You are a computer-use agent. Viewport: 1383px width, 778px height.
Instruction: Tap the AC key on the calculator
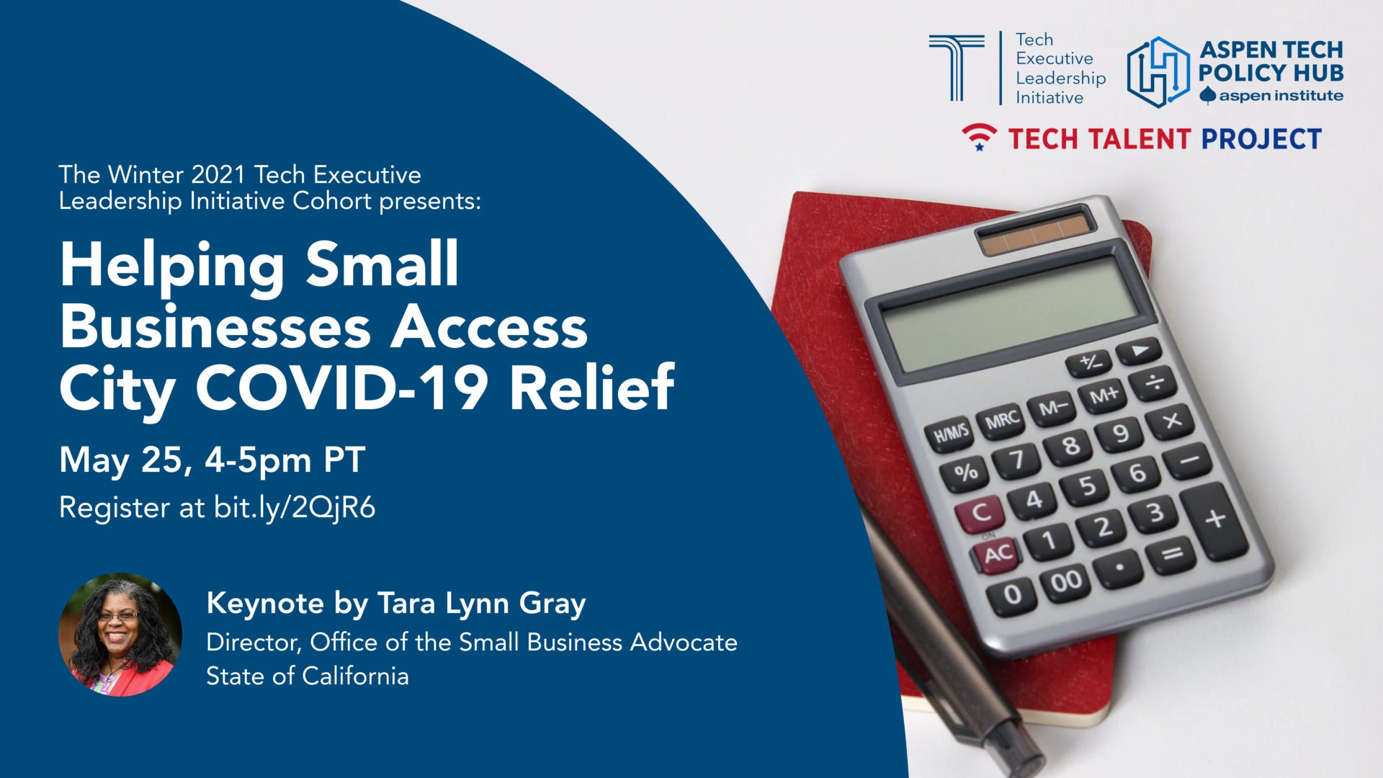click(x=998, y=554)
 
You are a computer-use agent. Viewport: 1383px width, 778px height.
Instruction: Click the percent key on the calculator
click(x=965, y=473)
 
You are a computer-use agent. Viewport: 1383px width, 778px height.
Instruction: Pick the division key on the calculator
click(x=1155, y=383)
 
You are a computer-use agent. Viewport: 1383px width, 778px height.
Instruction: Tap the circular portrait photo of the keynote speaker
click(x=120, y=635)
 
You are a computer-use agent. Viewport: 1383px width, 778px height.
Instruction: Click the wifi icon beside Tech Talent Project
click(x=980, y=137)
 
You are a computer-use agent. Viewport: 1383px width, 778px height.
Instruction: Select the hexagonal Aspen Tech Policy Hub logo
click(x=1158, y=72)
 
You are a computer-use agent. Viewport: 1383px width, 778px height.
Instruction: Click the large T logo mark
click(x=957, y=68)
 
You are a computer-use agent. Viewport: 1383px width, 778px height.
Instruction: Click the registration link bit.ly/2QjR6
click(x=295, y=508)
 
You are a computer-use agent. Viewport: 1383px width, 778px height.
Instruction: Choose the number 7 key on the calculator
click(x=1017, y=460)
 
